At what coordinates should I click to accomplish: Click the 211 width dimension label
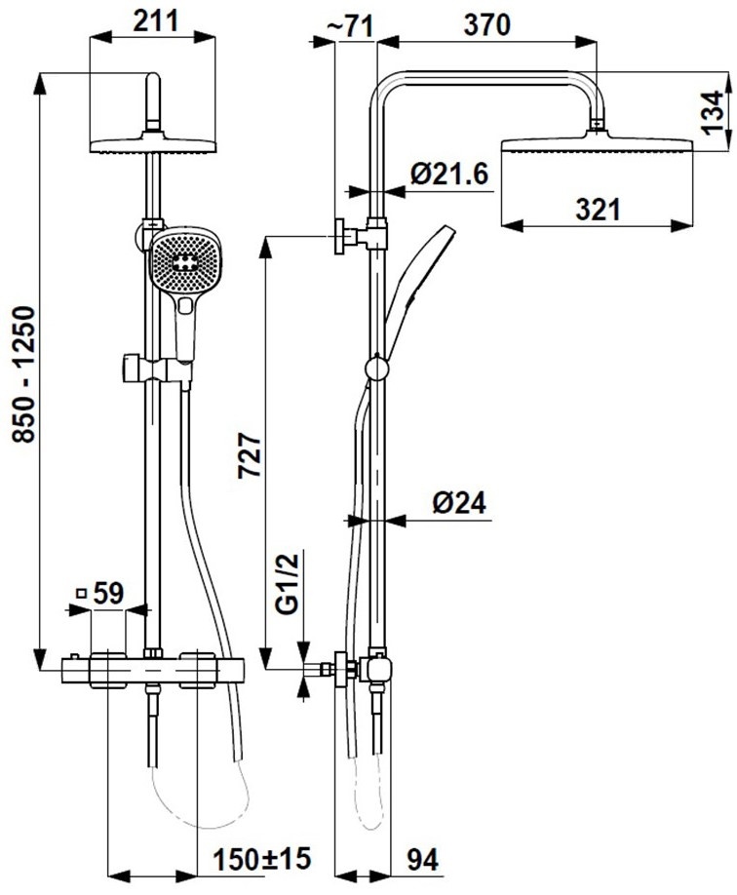coord(155,21)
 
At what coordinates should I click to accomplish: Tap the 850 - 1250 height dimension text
coord(25,375)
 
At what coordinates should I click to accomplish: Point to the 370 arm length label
coord(487,25)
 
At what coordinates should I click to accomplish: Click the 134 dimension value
coord(712,112)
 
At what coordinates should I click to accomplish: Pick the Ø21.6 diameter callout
coord(449,174)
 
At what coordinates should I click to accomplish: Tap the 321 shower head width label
coord(598,210)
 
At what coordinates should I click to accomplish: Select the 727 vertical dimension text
coord(250,455)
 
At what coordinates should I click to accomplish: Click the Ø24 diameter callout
coord(459,503)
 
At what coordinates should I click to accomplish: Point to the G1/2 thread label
coord(288,583)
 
